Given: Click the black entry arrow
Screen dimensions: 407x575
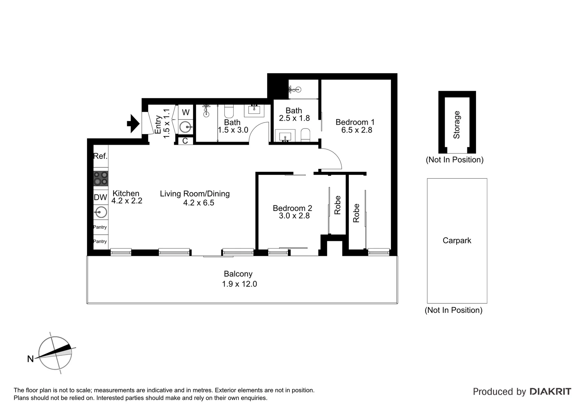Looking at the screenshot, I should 133,123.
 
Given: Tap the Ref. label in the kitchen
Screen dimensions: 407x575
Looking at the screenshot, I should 100,156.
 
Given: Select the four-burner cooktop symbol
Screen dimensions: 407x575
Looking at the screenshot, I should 101,178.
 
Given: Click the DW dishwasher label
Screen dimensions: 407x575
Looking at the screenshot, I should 100,197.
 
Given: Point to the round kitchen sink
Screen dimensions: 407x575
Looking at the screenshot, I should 101,212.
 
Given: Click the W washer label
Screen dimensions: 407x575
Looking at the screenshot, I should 186,112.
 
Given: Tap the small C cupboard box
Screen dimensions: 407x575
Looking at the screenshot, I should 185,141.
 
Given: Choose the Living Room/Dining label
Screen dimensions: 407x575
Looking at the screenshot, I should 195,194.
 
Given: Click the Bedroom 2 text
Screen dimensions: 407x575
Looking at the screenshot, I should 292,208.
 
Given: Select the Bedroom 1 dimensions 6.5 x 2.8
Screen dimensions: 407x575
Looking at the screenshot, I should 356,130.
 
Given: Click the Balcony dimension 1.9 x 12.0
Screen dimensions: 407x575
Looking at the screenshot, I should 239,284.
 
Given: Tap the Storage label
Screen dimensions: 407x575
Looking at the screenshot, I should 456,125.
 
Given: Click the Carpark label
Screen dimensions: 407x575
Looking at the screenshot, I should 457,240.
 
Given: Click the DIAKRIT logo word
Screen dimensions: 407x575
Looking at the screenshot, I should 550,392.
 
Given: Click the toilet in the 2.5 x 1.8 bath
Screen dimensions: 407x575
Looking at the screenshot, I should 305,135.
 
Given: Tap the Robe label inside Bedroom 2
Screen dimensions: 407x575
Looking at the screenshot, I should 338,205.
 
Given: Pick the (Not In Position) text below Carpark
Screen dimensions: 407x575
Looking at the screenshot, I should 453,310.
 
